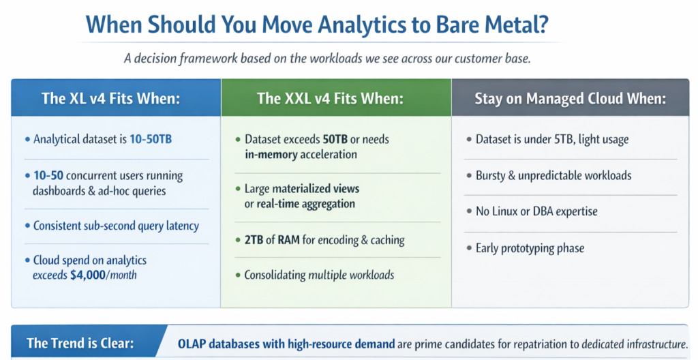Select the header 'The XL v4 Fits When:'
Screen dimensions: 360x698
point(110,98)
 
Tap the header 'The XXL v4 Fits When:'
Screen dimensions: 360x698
point(330,98)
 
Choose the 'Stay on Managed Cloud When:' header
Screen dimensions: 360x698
point(570,98)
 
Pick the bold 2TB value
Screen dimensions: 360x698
point(256,240)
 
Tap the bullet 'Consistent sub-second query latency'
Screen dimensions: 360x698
point(116,225)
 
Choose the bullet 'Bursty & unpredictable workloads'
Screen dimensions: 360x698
point(553,175)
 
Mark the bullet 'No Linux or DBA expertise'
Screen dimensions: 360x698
point(536,211)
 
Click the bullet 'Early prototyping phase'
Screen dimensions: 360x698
point(530,247)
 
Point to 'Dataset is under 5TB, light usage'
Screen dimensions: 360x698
point(552,139)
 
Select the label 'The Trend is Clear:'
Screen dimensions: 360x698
point(80,342)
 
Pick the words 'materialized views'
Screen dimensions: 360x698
point(316,188)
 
